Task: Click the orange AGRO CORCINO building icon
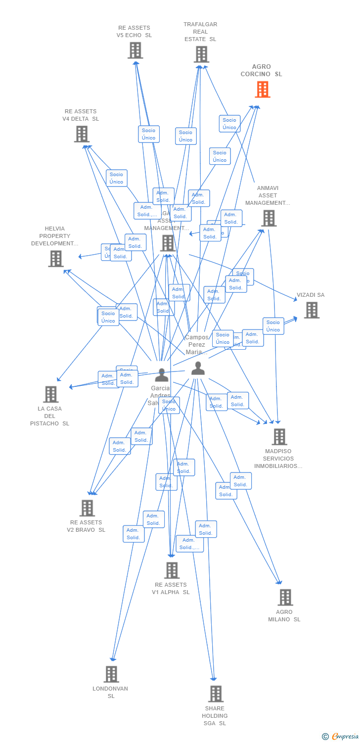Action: tap(263, 90)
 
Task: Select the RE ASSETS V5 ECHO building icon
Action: tap(135, 50)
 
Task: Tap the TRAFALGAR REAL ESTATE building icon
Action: tap(201, 54)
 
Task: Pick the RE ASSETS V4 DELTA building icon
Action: tap(82, 134)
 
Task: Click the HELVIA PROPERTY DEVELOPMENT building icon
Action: tap(56, 258)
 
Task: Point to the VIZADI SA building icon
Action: tap(312, 310)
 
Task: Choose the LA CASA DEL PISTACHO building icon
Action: tap(50, 394)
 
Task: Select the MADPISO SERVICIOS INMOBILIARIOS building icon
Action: tap(279, 437)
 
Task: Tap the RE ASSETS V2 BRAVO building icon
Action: tap(87, 508)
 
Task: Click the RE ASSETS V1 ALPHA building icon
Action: tap(172, 570)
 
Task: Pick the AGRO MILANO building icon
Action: tap(285, 598)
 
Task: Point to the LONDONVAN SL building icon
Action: tap(111, 674)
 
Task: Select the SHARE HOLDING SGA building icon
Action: tap(216, 694)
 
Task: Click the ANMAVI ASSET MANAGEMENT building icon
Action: tap(269, 218)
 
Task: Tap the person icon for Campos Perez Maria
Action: tap(198, 368)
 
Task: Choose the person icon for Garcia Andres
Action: tap(162, 375)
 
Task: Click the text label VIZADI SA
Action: tap(311, 295)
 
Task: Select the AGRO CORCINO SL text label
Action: tap(261, 70)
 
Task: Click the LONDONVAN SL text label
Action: tap(110, 692)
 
